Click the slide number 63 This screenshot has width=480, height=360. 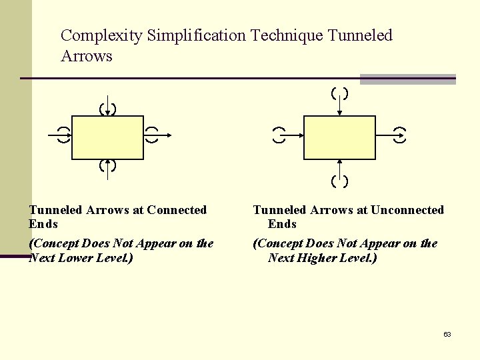coord(447,334)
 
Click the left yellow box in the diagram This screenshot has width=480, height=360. coord(107,137)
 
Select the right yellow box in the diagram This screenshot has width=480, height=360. coord(339,137)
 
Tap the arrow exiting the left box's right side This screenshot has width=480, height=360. coord(157,135)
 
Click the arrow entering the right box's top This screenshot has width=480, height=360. coord(340,103)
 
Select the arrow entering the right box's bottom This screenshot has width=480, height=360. coord(340,171)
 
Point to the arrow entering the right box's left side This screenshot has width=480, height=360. coord(291,135)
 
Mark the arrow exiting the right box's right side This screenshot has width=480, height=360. coord(389,135)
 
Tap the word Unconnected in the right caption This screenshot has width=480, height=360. coord(407,210)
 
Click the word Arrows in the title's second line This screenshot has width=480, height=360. coord(87,56)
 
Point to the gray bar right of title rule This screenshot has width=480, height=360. coord(407,79)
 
